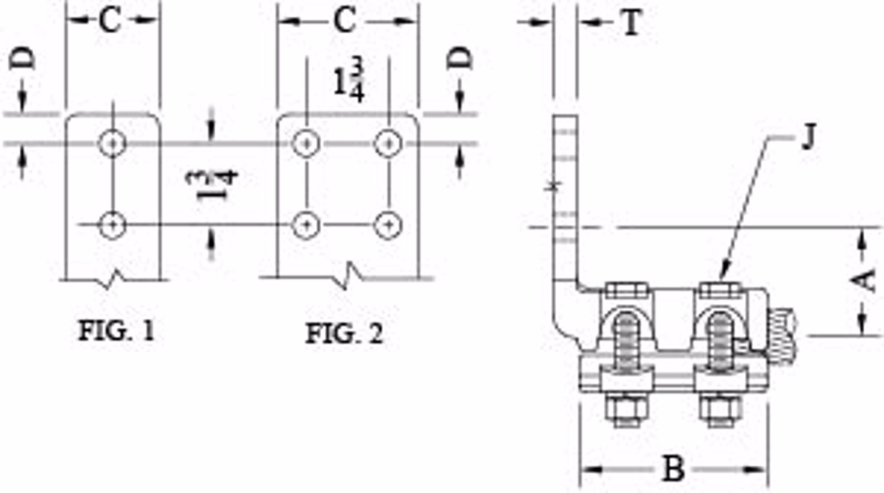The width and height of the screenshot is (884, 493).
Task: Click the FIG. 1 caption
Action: pos(116,330)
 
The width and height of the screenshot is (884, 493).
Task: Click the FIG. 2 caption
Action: pos(344,333)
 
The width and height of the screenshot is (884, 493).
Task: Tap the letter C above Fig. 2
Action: pos(344,22)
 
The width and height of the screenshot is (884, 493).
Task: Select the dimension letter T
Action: pos(630,24)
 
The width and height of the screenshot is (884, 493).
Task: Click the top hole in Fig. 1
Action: pos(112,143)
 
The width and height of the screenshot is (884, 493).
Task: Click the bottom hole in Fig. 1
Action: pos(112,224)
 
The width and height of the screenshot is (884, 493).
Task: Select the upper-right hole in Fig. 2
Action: pos(387,143)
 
